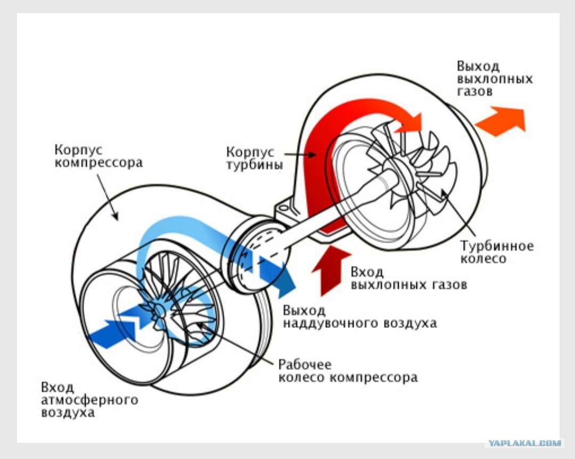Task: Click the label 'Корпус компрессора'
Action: pyautogui.click(x=98, y=156)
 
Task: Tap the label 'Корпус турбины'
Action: pyautogui.click(x=254, y=158)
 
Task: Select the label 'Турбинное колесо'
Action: pyautogui.click(x=497, y=252)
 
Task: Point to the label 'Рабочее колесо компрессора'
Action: pyautogui.click(x=348, y=371)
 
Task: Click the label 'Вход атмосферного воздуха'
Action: pyautogui.click(x=89, y=400)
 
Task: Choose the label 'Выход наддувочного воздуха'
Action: pyautogui.click(x=360, y=317)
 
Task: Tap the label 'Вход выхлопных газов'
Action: pyautogui.click(x=408, y=278)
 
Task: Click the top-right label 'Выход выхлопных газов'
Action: pyautogui.click(x=495, y=78)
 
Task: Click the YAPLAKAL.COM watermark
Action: pyautogui.click(x=524, y=443)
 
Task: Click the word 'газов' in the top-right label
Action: pyautogui.click(x=474, y=91)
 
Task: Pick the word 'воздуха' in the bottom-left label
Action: pyautogui.click(x=68, y=412)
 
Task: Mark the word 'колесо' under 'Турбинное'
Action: pyautogui.click(x=483, y=258)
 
